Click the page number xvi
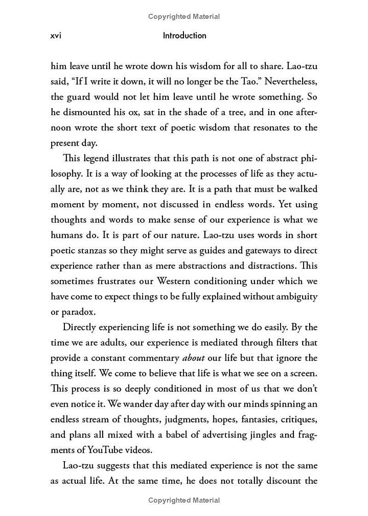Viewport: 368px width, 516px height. pos(56,35)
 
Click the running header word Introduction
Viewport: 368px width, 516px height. pos(184,35)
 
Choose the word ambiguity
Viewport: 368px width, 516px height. pos(296,296)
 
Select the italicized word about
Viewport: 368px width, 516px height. pos(194,358)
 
